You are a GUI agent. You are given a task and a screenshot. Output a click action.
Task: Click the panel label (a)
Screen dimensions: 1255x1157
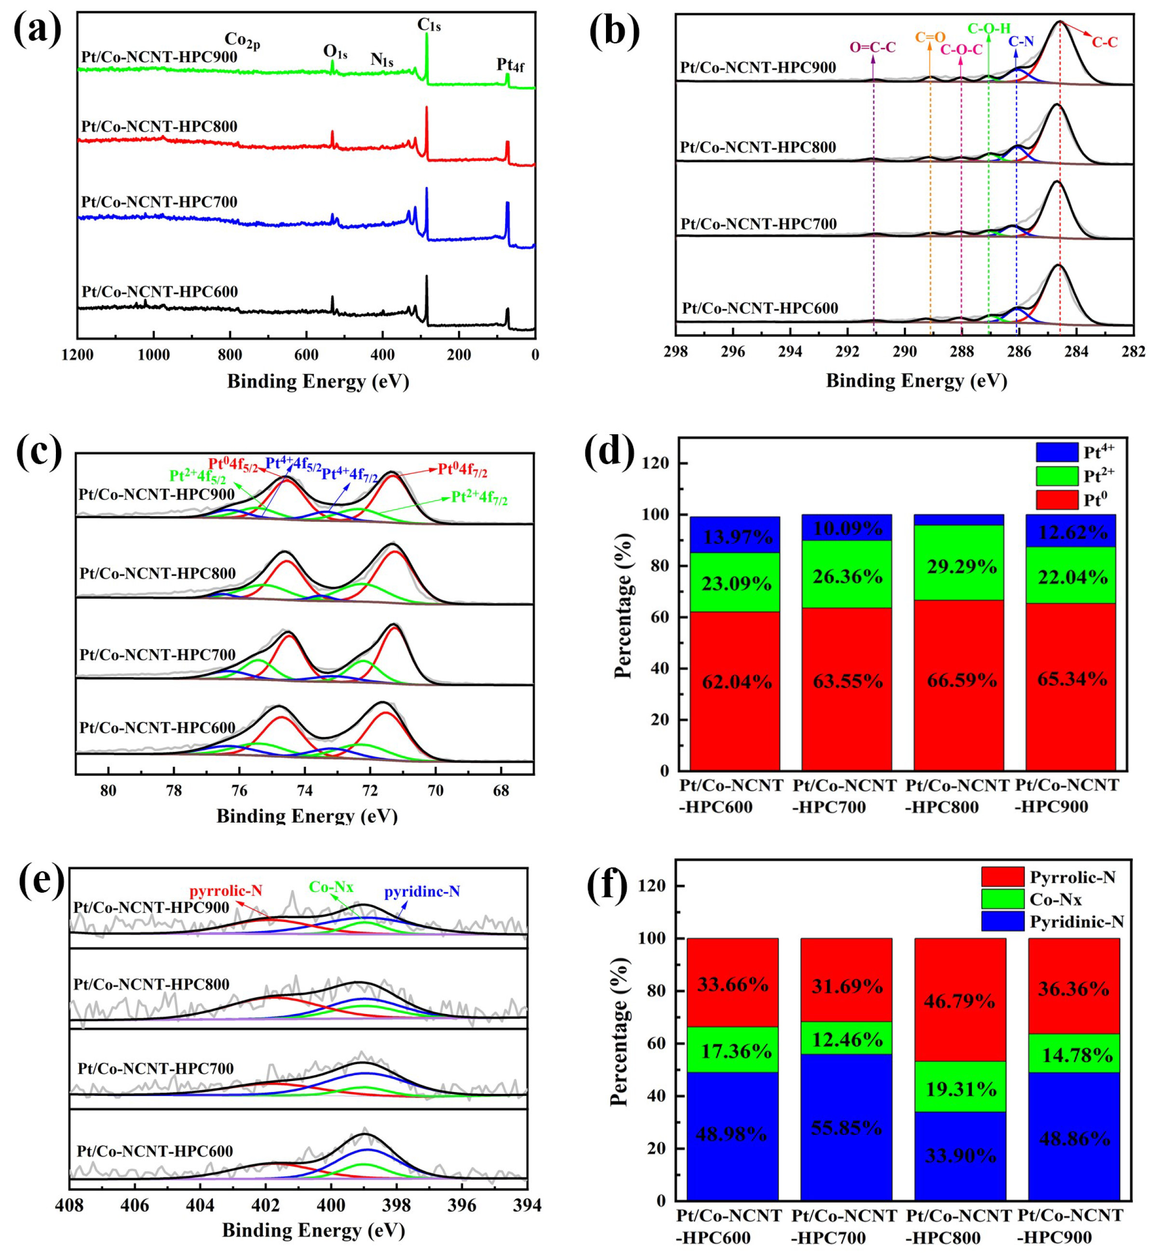(x=38, y=29)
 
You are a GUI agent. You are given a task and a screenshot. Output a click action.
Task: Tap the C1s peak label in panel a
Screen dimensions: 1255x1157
(x=430, y=25)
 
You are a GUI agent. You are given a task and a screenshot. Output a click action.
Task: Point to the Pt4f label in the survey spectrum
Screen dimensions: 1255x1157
(x=510, y=65)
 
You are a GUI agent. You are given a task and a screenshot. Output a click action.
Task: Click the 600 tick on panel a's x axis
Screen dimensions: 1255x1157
(x=306, y=355)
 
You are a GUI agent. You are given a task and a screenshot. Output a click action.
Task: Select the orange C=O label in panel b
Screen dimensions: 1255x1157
(x=930, y=37)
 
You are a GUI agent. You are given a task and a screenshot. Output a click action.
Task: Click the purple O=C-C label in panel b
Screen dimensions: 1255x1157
(x=872, y=48)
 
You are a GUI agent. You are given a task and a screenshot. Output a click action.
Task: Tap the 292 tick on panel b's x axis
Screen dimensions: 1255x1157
(x=847, y=352)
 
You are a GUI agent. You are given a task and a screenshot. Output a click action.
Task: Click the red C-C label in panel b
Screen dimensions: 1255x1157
(x=1104, y=42)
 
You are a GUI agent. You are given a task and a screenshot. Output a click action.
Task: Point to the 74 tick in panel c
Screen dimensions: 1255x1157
(x=305, y=790)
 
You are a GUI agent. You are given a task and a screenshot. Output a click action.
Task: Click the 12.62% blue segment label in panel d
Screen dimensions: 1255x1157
(x=1073, y=532)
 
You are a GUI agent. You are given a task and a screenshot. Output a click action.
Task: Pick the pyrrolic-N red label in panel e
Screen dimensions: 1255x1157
(x=226, y=890)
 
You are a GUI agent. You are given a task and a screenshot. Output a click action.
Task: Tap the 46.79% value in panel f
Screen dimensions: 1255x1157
(x=959, y=1001)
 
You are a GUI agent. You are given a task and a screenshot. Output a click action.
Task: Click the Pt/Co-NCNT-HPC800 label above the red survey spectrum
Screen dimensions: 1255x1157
(x=159, y=126)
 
